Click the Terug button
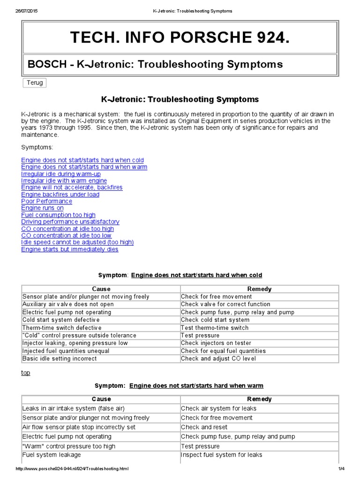tap(35, 83)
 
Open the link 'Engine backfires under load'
tap(60, 194)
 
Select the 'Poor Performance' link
tap(47, 201)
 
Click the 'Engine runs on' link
tap(42, 208)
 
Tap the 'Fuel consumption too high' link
tap(58, 215)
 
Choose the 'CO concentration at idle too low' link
tap(66, 235)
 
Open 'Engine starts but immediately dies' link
tap(69, 249)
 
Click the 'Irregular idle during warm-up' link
tap(61, 174)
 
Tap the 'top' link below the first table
tap(26, 373)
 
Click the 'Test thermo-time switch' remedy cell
tap(215, 328)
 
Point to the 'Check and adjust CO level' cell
tap(218, 359)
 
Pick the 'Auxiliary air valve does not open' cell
tap(68, 304)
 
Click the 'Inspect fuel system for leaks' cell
tap(221, 455)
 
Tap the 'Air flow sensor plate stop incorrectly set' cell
tap(79, 427)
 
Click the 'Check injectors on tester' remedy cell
tap(216, 343)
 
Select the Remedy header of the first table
tap(259, 289)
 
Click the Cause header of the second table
tap(101, 399)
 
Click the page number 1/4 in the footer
tap(340, 469)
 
